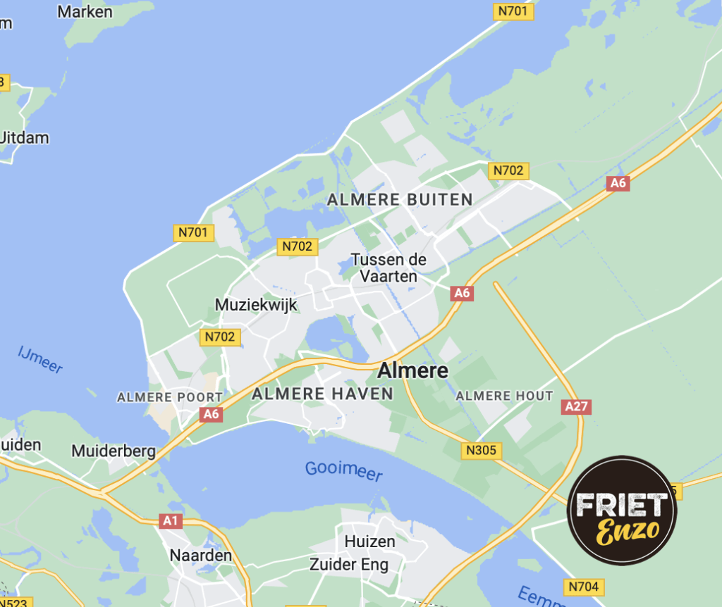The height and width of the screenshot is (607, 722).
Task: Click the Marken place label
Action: point(85,11)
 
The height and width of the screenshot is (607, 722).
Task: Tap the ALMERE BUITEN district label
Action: point(400,199)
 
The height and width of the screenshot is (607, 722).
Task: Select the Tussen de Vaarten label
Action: point(389,268)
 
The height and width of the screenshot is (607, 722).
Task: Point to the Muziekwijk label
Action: point(256,305)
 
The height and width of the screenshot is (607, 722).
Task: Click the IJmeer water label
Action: point(40,358)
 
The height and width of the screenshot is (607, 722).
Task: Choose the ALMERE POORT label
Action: point(169,397)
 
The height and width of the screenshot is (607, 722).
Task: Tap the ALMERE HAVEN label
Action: point(322,394)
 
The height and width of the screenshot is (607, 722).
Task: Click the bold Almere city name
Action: point(413,370)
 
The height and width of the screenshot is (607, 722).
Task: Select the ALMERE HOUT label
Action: point(504,396)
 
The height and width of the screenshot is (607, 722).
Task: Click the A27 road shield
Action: point(577,406)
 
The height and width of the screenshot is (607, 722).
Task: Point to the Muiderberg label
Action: point(114,450)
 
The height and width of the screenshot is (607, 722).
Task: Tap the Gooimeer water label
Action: point(343,471)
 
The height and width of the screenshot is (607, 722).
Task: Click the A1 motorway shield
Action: point(170,521)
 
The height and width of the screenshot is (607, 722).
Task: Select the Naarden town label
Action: point(200,555)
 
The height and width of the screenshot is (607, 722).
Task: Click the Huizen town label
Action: point(370,542)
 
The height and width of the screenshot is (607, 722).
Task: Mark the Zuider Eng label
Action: point(349,565)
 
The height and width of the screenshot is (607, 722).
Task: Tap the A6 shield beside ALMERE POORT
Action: point(211,414)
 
